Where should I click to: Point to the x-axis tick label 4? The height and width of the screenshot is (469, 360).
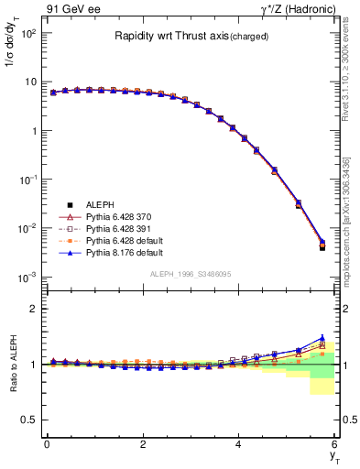click(x=239, y=444)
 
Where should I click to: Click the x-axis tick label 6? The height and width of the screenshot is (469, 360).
click(x=335, y=444)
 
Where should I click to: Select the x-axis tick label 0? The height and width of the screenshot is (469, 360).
click(x=47, y=444)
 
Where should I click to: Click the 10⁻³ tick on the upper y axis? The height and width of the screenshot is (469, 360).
click(x=29, y=277)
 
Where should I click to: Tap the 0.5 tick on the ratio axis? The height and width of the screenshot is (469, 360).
click(x=31, y=420)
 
